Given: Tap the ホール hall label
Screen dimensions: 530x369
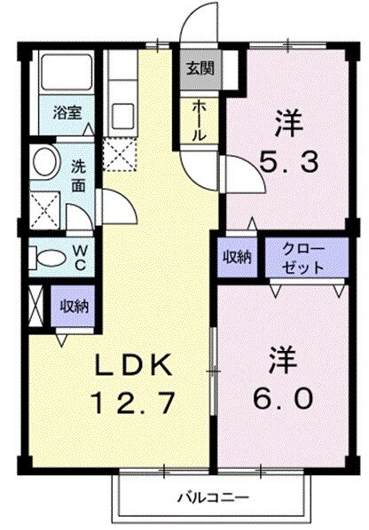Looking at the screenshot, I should [x=199, y=120].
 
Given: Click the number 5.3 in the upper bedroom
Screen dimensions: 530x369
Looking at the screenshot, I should [x=286, y=162].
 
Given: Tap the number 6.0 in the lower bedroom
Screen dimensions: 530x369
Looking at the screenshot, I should [x=285, y=398].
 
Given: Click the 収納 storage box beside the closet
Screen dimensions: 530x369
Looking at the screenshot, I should [x=237, y=256].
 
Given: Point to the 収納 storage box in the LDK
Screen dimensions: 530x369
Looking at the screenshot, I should [x=74, y=306].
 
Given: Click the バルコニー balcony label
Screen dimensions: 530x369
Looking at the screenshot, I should [x=212, y=496].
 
